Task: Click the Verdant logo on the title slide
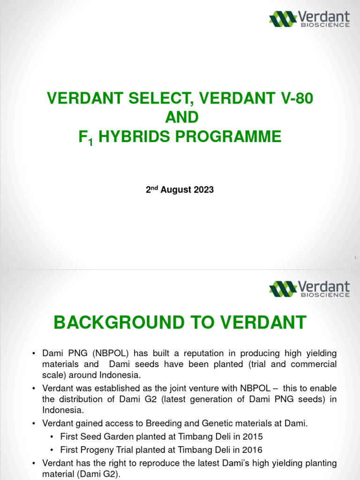(309, 18)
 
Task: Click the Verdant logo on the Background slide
(309, 288)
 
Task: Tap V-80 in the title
(296, 98)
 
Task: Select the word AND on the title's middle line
(180, 117)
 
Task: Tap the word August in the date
(177, 190)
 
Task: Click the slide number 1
(355, 257)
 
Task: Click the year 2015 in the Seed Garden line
(243, 437)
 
